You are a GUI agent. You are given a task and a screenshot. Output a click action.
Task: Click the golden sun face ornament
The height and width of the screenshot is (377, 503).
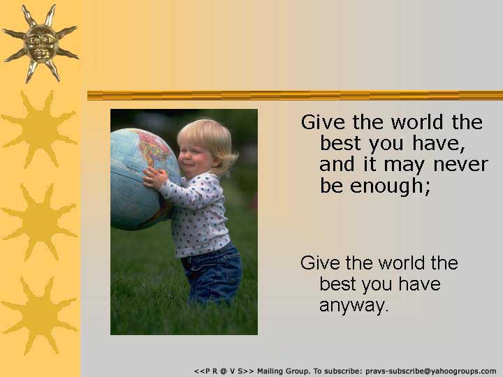tap(41, 44)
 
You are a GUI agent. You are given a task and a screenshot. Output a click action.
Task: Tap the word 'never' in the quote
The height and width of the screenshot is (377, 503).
tap(460, 165)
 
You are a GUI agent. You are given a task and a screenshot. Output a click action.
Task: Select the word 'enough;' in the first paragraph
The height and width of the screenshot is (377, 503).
tap(390, 186)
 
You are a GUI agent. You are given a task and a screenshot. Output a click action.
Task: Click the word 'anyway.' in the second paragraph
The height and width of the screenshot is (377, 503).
tap(353, 305)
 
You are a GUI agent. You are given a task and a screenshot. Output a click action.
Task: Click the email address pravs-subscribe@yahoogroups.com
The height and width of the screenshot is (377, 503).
tap(431, 371)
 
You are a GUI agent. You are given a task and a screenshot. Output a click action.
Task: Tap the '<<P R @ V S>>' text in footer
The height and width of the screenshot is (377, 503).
tap(224, 371)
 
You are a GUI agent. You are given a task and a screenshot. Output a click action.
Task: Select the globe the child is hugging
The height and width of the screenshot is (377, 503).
tap(145, 179)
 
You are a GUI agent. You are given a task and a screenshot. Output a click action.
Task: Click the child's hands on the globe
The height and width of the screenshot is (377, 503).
tap(155, 178)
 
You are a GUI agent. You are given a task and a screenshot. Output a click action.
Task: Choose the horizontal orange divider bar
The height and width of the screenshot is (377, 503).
tap(295, 96)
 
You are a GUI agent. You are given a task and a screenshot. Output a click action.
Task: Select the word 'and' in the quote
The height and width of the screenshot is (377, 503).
tap(337, 164)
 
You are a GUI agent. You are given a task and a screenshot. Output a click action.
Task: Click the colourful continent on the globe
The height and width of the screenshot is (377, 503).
tap(154, 147)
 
